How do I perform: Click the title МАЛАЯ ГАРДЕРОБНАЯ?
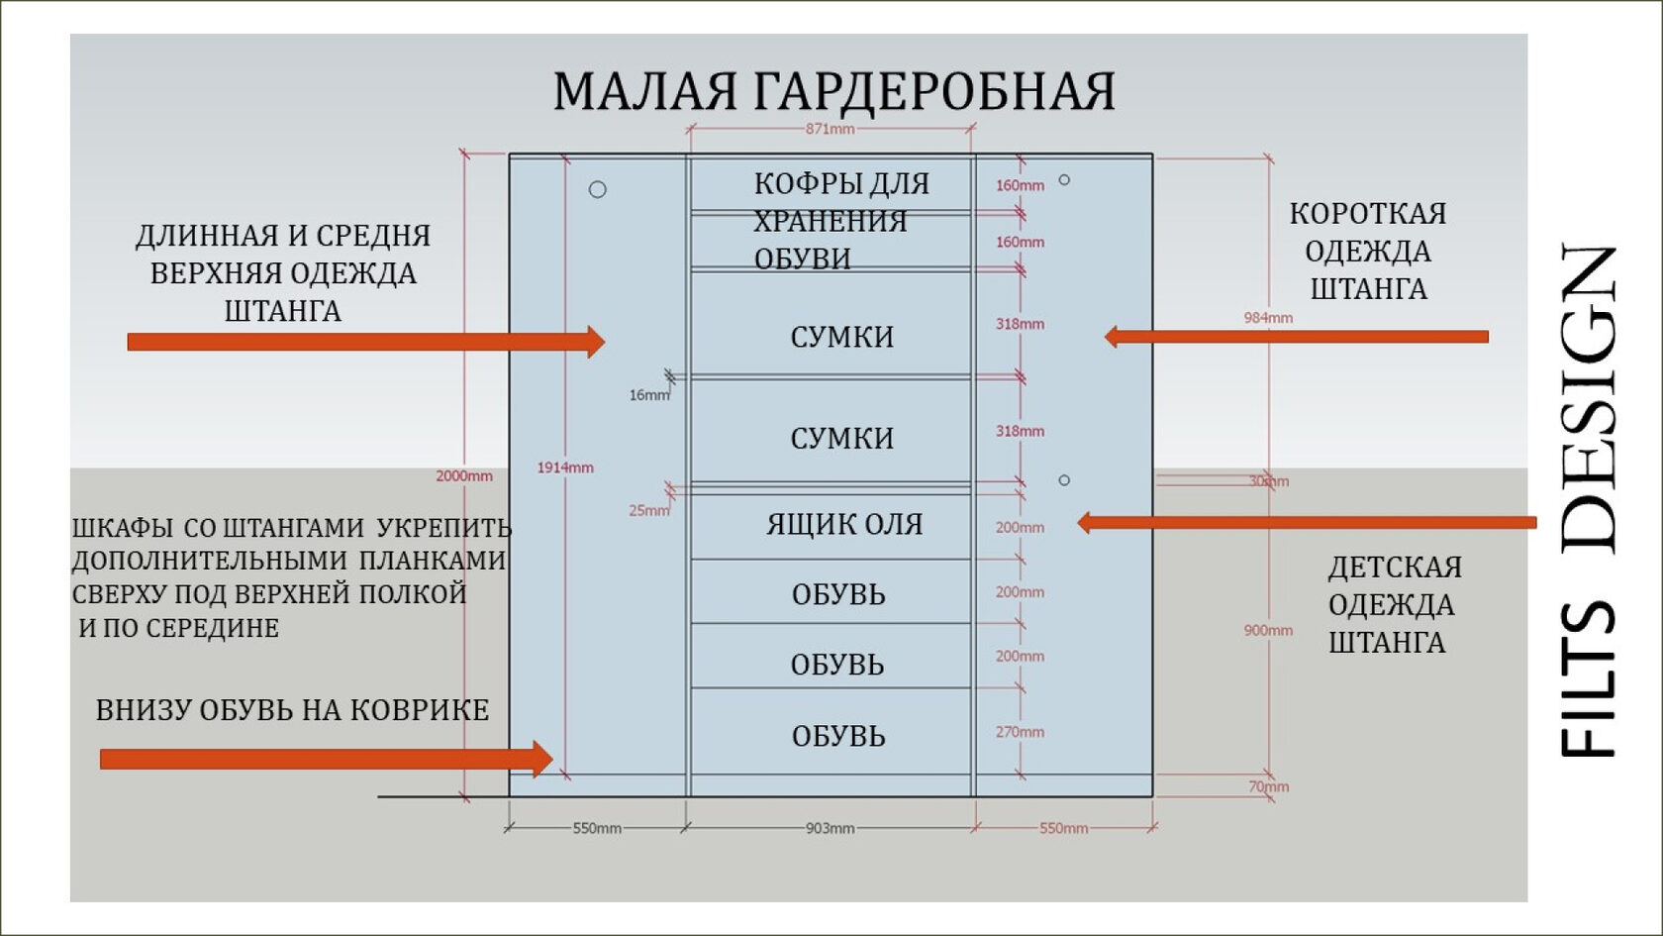click(833, 91)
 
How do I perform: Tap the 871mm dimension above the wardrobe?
click(830, 129)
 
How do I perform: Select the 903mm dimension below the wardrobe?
click(830, 828)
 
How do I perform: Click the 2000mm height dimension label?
click(464, 476)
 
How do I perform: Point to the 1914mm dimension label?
click(565, 468)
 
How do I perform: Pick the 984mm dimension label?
click(1268, 318)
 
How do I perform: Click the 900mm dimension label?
click(1268, 630)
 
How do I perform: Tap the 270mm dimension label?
click(1020, 732)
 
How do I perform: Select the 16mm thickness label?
click(648, 395)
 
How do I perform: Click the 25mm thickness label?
click(648, 511)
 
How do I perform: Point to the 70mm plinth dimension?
click(1268, 787)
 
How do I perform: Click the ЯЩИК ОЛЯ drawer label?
click(843, 525)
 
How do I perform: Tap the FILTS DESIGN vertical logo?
click(1590, 500)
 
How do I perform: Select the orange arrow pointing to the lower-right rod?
click(1307, 522)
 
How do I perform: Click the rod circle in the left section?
click(598, 189)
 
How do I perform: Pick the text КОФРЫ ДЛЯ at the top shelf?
click(841, 184)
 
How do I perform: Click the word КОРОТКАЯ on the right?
click(1368, 214)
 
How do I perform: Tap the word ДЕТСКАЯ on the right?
click(1395, 568)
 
